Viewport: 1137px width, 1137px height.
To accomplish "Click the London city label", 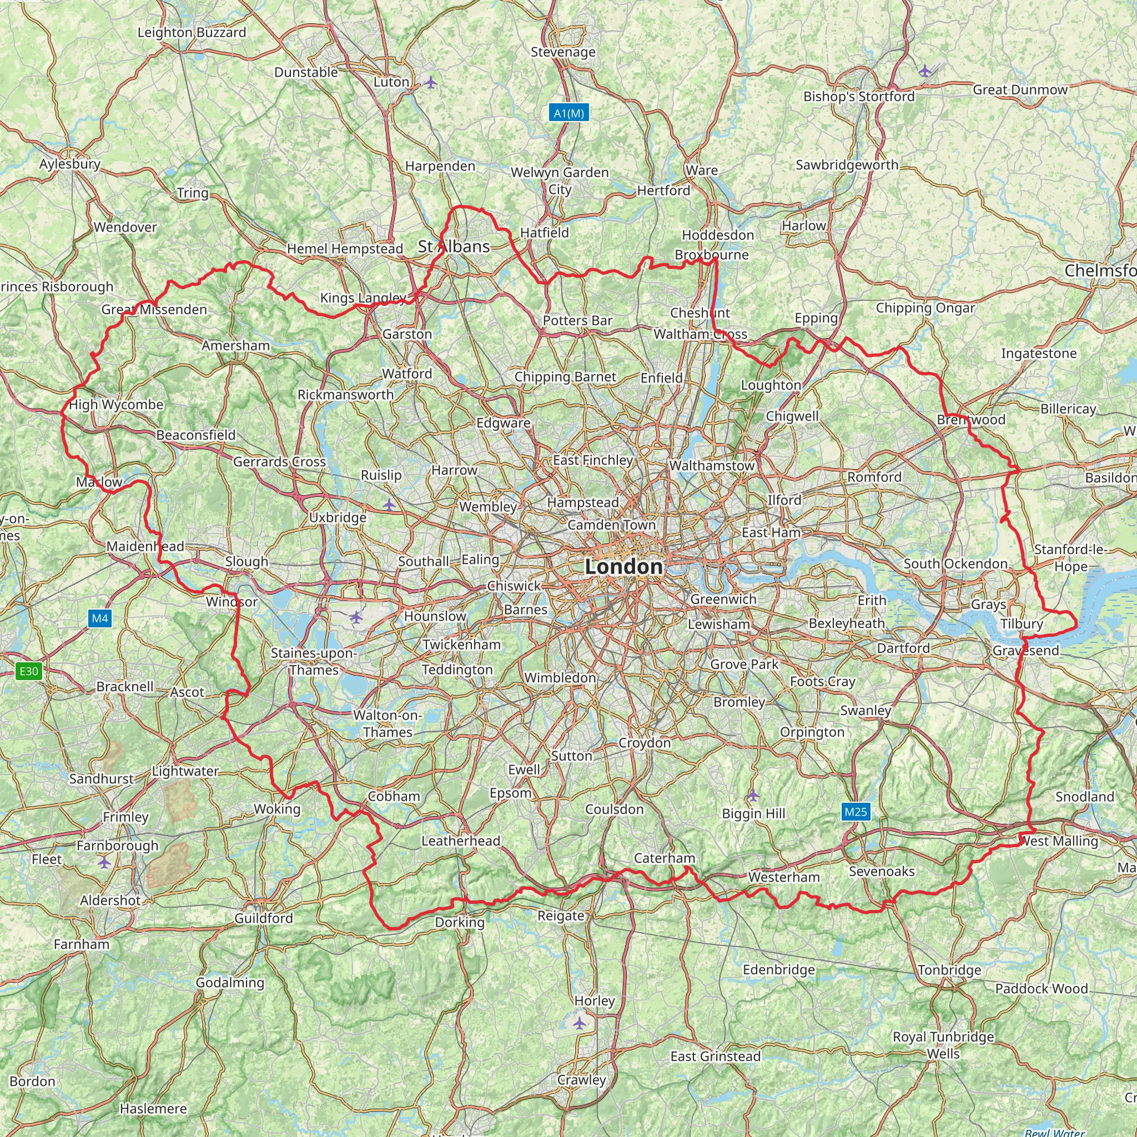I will [x=623, y=567].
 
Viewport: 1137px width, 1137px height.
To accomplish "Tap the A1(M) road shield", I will [x=569, y=113].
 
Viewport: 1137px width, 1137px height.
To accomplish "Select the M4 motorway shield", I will [x=100, y=618].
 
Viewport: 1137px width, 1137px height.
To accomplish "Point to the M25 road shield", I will [x=855, y=812].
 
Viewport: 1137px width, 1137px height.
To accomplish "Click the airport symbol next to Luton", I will [x=431, y=82].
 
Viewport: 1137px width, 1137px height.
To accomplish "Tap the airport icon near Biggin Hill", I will [x=753, y=796].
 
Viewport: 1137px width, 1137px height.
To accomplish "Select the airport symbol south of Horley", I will [x=580, y=1023].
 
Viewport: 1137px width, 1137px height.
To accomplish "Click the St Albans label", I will [x=454, y=246].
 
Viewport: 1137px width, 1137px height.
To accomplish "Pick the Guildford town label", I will [x=263, y=918].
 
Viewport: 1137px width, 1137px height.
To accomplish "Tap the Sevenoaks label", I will [x=882, y=871].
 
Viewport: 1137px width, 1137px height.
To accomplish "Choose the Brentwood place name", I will [x=971, y=420].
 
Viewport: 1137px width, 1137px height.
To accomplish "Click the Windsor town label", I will [x=232, y=601].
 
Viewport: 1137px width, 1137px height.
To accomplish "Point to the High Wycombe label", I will [x=116, y=405].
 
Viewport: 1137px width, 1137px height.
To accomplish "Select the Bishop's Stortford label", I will [x=859, y=96].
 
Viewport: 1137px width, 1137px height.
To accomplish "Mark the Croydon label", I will [x=645, y=743].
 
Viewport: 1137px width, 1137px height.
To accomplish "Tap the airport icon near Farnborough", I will [x=104, y=863].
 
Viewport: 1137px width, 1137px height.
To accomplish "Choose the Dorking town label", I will [x=460, y=922].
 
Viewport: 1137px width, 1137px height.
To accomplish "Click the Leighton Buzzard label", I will [x=192, y=32].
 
